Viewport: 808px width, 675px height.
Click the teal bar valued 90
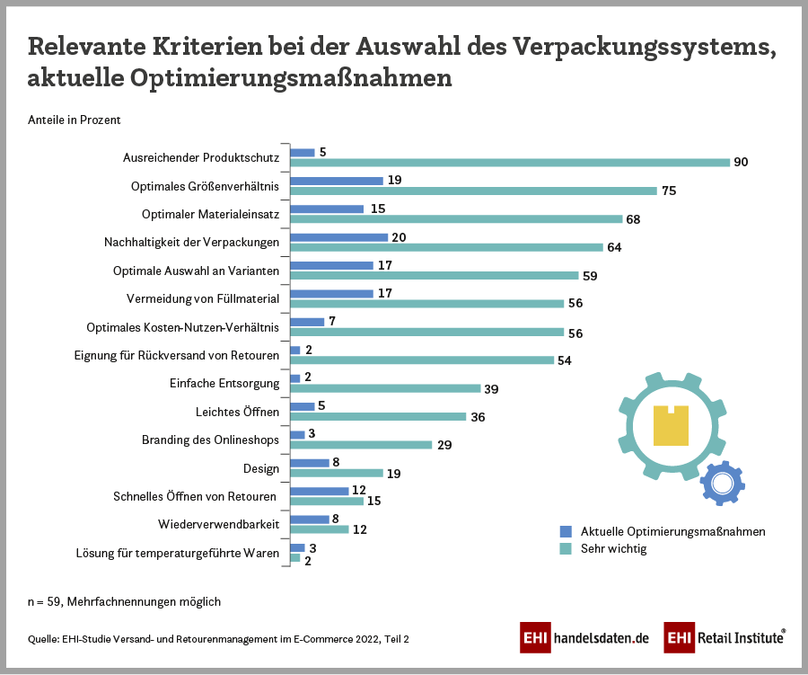click(x=510, y=163)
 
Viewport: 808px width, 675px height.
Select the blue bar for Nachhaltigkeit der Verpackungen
click(x=339, y=237)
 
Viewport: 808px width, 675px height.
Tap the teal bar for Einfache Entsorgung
click(x=385, y=389)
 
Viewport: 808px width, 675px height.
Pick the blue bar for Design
click(x=310, y=463)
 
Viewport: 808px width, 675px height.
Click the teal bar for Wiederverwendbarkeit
click(x=320, y=529)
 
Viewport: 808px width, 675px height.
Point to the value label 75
click(x=669, y=191)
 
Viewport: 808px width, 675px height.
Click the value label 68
click(x=634, y=219)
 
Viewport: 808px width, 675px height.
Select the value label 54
click(x=565, y=360)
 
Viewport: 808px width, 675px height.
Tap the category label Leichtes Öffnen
click(x=238, y=412)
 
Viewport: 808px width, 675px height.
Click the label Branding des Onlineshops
click(x=210, y=440)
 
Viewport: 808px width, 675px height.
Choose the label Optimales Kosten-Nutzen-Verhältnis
click(x=183, y=327)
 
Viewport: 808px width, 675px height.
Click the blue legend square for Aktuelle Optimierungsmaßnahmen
click(x=566, y=531)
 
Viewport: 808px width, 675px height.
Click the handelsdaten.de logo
click(x=584, y=638)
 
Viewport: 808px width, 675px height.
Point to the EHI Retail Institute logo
click(x=725, y=638)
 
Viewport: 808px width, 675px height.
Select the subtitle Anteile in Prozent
click(x=75, y=120)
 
